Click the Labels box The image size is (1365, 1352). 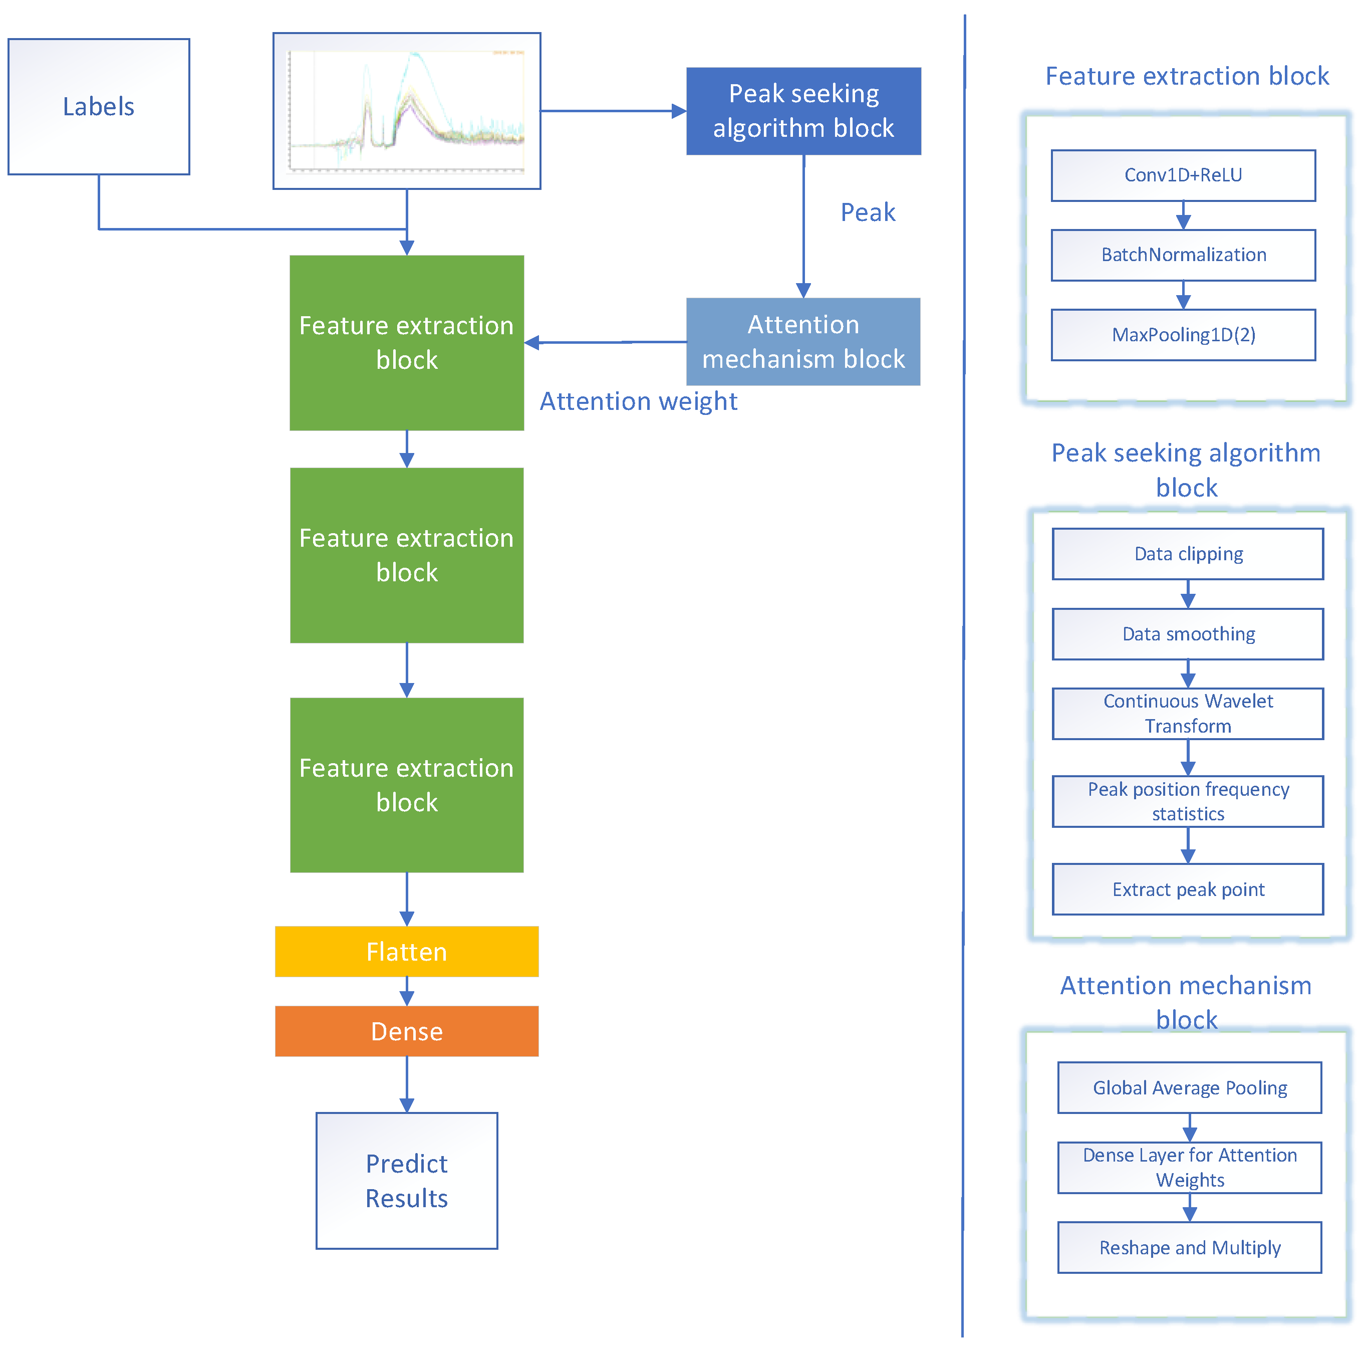(98, 107)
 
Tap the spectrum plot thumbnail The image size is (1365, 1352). (406, 111)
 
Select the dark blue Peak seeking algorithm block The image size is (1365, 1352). (803, 111)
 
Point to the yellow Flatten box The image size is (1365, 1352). (406, 951)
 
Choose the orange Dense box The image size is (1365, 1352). (406, 1031)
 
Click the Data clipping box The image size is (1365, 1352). (1188, 554)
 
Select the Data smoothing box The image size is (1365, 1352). (1188, 634)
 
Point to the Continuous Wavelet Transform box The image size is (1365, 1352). (1188, 714)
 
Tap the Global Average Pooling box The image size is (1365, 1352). (1189, 1088)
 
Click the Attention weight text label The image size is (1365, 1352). (638, 401)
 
